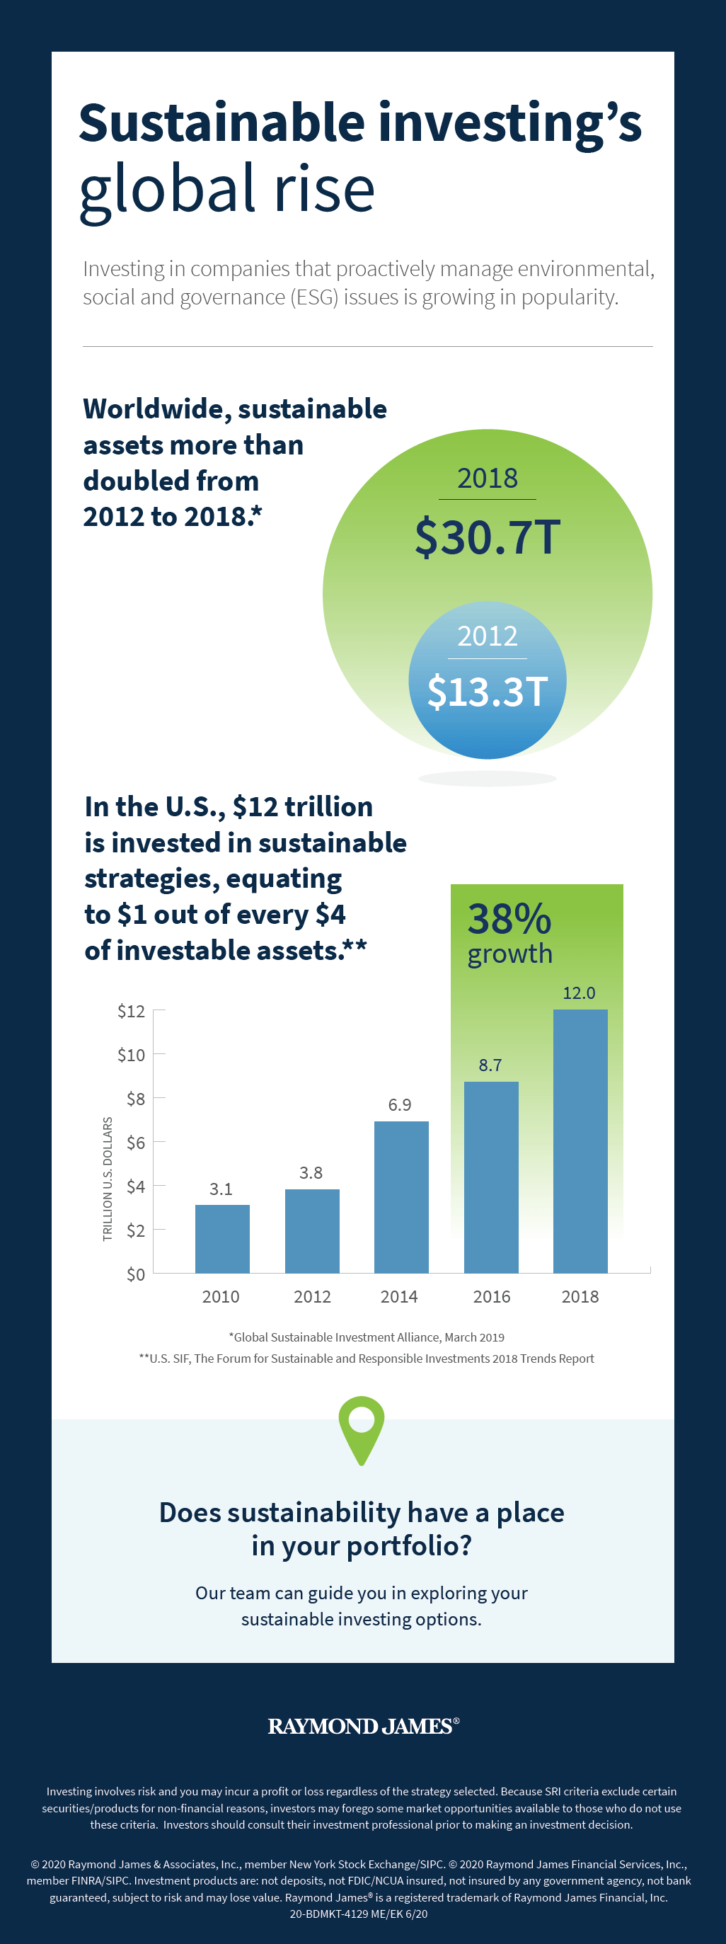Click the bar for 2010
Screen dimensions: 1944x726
(x=222, y=1238)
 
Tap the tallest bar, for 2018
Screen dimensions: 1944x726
(x=580, y=1140)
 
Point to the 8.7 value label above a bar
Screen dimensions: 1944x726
(x=490, y=1065)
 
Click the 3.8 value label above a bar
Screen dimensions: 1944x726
(x=311, y=1172)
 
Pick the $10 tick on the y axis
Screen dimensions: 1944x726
(x=132, y=1054)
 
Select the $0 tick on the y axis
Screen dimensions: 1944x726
(x=135, y=1274)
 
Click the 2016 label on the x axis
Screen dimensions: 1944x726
(x=491, y=1296)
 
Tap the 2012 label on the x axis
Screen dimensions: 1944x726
(x=311, y=1296)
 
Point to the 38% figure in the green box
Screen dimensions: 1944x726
(x=509, y=918)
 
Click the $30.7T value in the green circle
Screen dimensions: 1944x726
(x=488, y=537)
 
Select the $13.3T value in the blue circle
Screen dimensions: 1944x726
(x=488, y=691)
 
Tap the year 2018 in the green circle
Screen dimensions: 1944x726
(x=488, y=478)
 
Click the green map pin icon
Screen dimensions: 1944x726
(x=362, y=1428)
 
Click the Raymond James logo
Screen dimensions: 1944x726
(x=363, y=1726)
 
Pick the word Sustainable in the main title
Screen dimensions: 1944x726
(x=222, y=122)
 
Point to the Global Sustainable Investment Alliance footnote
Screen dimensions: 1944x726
(x=367, y=1337)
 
